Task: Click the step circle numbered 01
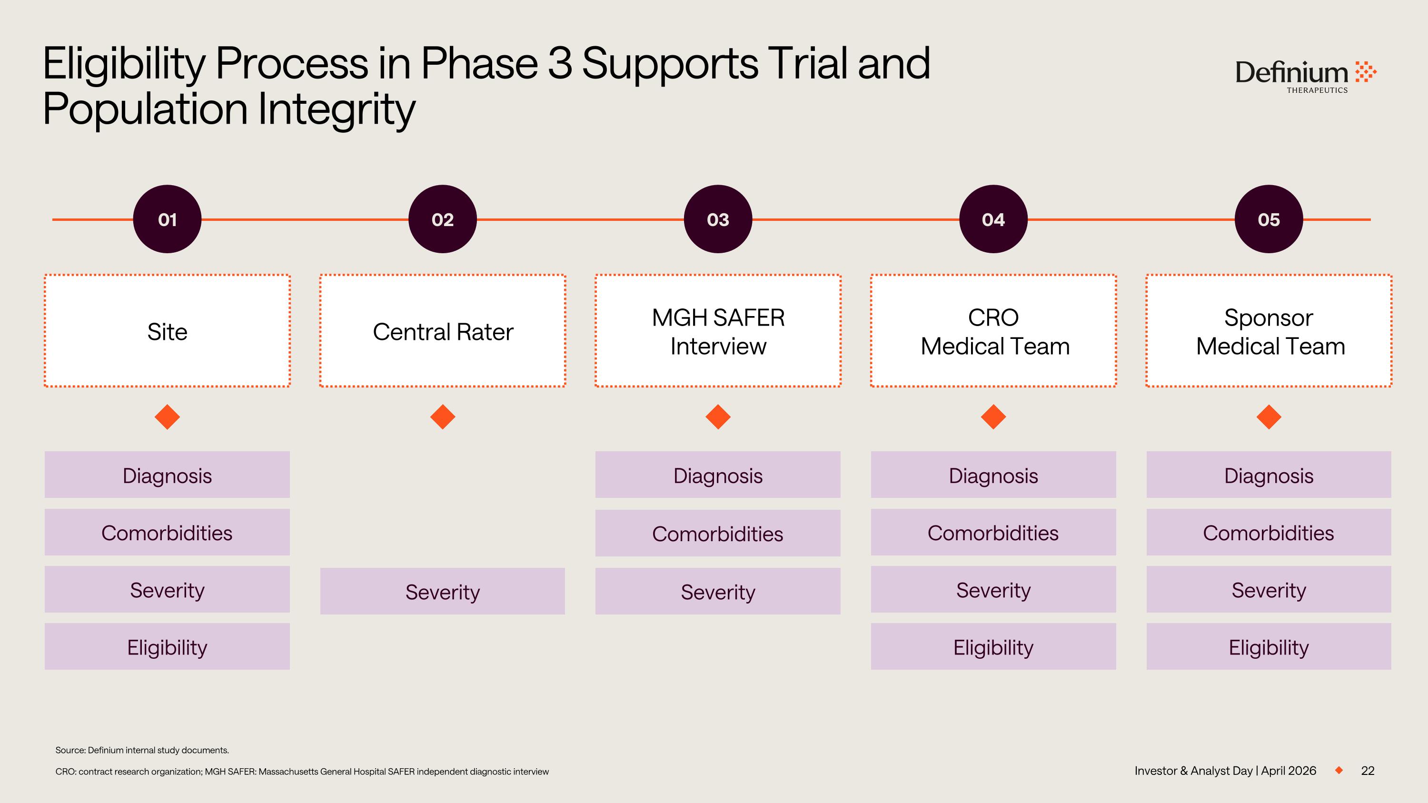pos(167,219)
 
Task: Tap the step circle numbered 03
pos(718,219)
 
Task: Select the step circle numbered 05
pos(1269,219)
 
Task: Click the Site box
pos(167,331)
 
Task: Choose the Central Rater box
pos(442,331)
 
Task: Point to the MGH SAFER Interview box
pos(718,331)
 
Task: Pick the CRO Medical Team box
pos(993,331)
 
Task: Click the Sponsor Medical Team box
pos(1269,331)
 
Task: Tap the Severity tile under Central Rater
pos(442,591)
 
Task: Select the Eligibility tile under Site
pos(167,647)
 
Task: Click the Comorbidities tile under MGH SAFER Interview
pos(718,533)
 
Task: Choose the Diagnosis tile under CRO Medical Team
pos(993,475)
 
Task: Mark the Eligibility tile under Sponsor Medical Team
pos(1269,647)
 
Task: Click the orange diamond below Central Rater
pos(442,417)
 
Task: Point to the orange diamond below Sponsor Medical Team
pos(1269,417)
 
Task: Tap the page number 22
pos(1368,771)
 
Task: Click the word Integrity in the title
pos(337,109)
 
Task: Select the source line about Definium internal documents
pos(142,750)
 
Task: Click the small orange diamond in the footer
pos(1339,770)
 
